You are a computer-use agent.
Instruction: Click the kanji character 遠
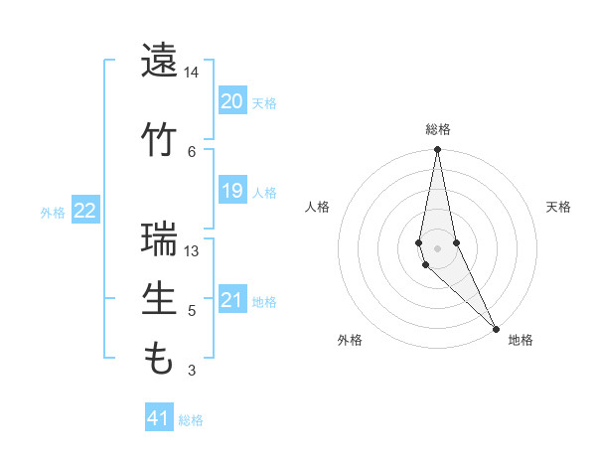[159, 62]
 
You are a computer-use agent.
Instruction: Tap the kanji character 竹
[159, 139]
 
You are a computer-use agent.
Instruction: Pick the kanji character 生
[159, 300]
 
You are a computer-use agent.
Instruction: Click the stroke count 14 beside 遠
[192, 74]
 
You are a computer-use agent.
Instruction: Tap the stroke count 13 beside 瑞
[192, 250]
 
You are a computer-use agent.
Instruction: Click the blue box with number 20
[231, 101]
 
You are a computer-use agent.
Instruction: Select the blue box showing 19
[231, 191]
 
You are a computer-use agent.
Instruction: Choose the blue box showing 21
[231, 300]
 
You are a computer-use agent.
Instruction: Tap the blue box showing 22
[84, 210]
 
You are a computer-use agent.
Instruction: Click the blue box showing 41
[159, 418]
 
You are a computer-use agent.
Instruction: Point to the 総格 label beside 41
[191, 420]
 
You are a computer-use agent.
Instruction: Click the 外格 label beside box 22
[53, 212]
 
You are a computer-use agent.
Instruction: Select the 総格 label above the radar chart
[437, 129]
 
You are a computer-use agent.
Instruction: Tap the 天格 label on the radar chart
[558, 207]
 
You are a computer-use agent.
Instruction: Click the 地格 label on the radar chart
[521, 340]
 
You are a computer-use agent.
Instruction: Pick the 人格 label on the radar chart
[317, 207]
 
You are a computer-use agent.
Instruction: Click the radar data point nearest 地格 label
[496, 328]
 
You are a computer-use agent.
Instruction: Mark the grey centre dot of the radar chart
[437, 248]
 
